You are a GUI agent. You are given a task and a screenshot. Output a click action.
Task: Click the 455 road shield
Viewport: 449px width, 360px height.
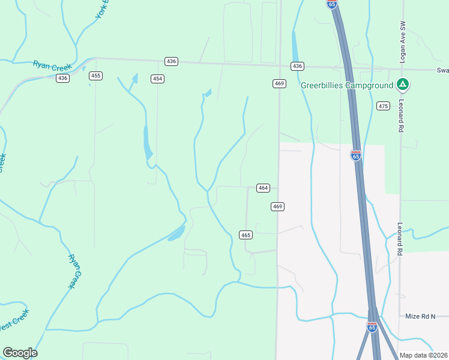95,76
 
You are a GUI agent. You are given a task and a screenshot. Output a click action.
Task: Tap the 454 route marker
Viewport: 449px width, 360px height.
157,79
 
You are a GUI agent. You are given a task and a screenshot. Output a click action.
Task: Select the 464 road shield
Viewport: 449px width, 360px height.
263,188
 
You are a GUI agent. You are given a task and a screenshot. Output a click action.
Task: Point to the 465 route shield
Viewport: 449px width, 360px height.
246,235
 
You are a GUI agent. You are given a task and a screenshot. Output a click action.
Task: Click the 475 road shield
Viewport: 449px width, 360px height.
384,106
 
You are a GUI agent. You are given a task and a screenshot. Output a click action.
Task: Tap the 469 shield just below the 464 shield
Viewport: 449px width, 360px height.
277,206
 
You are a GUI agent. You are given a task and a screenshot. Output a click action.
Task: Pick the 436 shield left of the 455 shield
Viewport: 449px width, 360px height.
63,78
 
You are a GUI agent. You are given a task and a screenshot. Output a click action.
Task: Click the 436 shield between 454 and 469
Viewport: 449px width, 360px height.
172,61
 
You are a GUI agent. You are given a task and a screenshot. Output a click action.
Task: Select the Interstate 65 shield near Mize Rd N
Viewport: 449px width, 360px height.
372,326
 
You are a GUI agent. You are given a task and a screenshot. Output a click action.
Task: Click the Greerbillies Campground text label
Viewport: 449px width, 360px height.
347,85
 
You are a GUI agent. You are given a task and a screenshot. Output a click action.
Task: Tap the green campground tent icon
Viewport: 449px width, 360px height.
403,85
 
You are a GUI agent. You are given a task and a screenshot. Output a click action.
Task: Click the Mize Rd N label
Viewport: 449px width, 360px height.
420,316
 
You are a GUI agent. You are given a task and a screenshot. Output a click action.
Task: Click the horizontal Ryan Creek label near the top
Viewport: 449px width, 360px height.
52,65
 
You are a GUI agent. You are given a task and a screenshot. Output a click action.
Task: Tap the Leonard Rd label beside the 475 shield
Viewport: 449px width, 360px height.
400,113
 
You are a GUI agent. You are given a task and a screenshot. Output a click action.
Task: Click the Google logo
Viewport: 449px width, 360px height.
20,353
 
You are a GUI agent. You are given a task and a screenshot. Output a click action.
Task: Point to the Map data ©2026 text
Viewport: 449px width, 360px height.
423,355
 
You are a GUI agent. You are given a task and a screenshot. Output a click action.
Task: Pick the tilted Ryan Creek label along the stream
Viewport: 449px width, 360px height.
74,271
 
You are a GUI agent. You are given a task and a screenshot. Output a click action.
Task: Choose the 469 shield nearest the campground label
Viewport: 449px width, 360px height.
279,83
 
